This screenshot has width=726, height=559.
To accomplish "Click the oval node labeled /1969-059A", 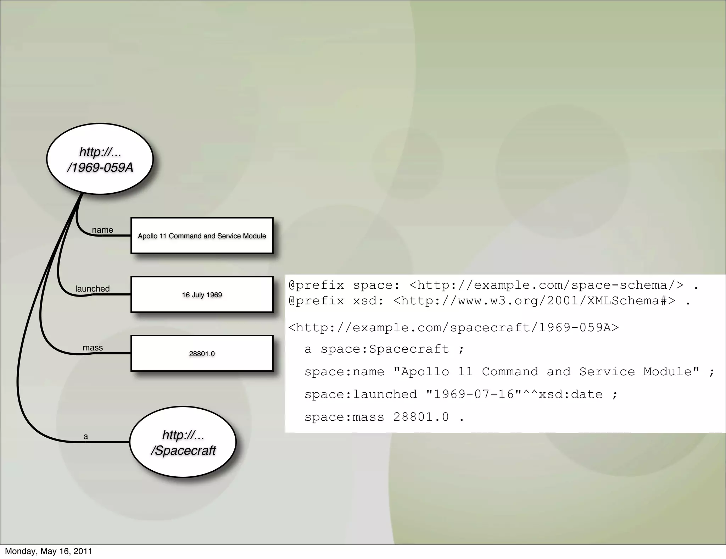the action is click(100, 159).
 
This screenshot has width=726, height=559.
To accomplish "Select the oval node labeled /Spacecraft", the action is click(183, 442).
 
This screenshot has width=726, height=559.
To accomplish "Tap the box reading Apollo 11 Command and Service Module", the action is click(202, 236).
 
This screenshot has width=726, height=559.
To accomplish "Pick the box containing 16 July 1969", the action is click(202, 295).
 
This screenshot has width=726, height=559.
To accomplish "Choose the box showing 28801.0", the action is click(202, 354).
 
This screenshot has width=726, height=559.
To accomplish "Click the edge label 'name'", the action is click(102, 230).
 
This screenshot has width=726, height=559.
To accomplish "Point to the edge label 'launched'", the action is click(93, 289).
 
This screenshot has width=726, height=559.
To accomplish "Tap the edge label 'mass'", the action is click(93, 348).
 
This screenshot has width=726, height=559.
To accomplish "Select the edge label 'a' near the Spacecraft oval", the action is click(85, 436).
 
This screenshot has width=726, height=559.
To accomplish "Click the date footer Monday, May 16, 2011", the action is click(49, 551).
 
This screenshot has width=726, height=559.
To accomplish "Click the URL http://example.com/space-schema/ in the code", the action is click(546, 285).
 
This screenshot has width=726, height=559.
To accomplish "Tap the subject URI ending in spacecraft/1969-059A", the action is click(453, 327).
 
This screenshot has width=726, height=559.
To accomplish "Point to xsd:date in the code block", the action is click(571, 394).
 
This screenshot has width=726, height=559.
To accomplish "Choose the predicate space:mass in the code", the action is click(344, 417).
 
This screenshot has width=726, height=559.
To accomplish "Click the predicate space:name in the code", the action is click(344, 372).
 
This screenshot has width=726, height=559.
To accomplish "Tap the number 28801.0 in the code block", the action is click(421, 417).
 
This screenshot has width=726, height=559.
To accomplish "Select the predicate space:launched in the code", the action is click(361, 394).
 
